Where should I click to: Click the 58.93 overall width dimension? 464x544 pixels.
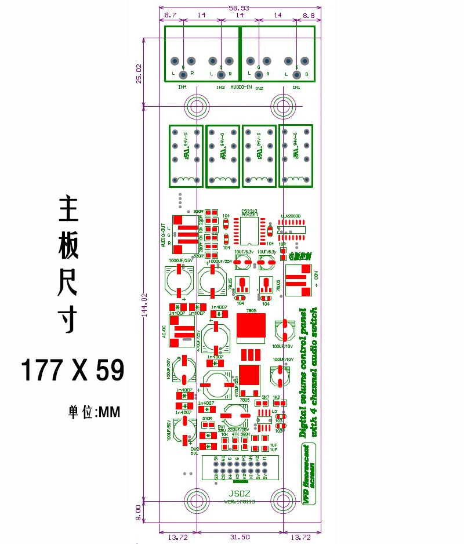coord(239,8)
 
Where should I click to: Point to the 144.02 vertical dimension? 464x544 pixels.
coord(137,303)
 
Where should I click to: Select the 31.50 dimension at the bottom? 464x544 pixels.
coord(240,538)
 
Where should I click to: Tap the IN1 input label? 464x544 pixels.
coord(296,88)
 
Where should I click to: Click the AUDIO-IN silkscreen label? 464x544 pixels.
coord(241,88)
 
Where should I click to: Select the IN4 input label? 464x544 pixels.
coord(183,88)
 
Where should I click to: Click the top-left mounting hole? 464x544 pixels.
coord(196,106)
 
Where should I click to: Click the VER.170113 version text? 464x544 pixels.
coord(240,502)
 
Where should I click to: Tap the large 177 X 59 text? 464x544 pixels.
coord(72,369)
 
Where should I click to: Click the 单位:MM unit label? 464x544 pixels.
coord(94,412)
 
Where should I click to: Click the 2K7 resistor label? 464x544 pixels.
coord(266,398)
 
